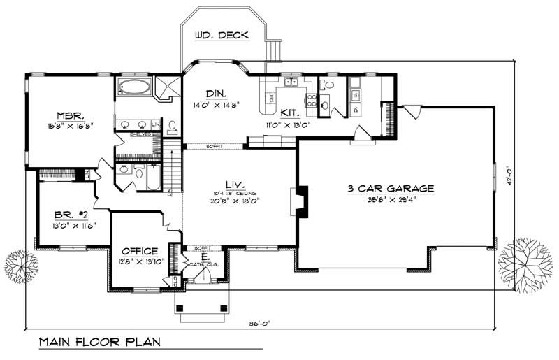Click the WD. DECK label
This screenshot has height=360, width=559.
pos(222,35)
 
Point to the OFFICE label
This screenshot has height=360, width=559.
pos(138,251)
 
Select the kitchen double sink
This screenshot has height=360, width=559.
pos(291,82)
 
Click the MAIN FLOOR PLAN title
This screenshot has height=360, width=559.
pos(99,343)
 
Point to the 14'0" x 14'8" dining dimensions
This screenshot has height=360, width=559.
pos(216,106)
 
